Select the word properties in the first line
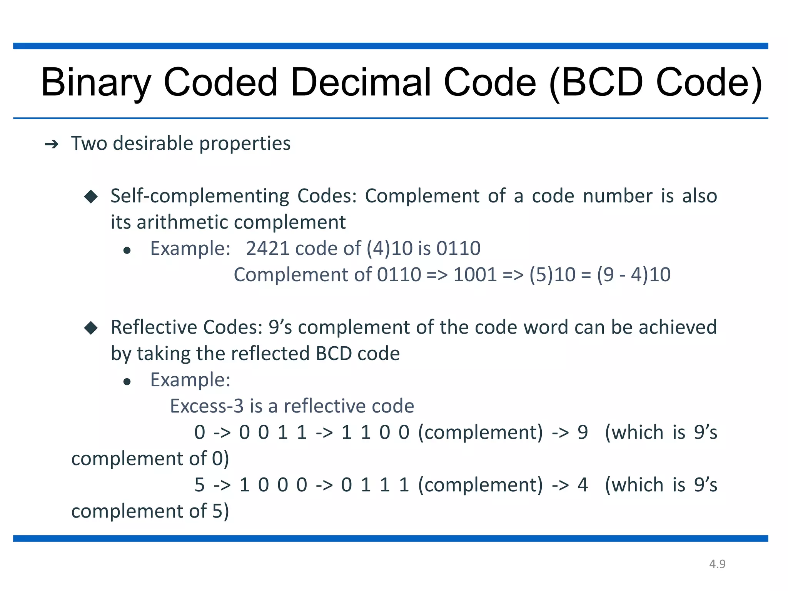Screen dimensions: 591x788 point(245,144)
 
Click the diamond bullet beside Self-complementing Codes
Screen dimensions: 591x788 point(91,197)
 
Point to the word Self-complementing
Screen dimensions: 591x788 point(199,196)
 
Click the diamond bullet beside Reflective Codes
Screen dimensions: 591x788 point(91,328)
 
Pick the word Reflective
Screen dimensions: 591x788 point(154,327)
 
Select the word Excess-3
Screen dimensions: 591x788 point(207,406)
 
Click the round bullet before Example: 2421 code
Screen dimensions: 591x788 point(127,251)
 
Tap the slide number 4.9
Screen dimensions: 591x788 point(717,564)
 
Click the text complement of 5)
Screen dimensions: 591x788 point(150,511)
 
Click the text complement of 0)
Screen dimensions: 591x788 point(150,459)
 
